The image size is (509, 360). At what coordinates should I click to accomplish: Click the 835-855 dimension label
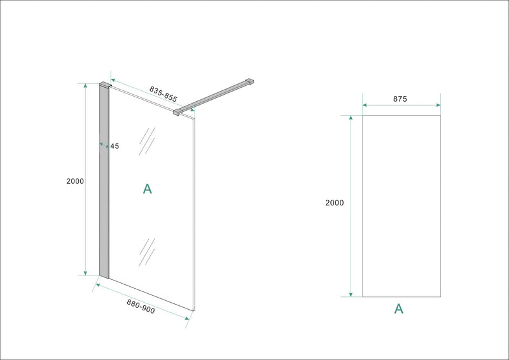[x=164, y=94]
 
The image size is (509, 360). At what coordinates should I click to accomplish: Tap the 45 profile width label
[x=115, y=146]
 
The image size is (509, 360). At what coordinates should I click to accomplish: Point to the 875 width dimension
[x=400, y=99]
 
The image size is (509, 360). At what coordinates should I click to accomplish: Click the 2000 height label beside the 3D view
[x=75, y=181]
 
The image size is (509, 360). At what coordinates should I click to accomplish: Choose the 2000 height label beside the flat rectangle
[x=334, y=203]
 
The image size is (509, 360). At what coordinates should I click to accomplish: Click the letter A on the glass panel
[x=147, y=188]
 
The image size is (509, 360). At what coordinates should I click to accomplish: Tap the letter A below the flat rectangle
[x=398, y=309]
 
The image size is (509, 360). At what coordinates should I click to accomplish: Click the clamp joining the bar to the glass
[x=178, y=112]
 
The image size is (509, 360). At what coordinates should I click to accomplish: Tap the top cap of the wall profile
[x=105, y=83]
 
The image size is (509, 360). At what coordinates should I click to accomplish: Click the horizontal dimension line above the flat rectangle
[x=401, y=106]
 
